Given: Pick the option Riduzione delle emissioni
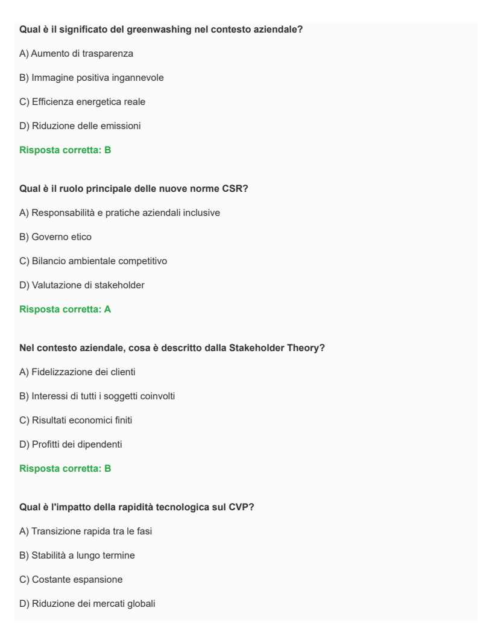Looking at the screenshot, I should pyautogui.click(x=76, y=126).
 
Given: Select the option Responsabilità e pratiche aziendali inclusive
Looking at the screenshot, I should pyautogui.click(x=120, y=213).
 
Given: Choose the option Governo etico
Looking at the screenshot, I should pyautogui.click(x=55, y=237).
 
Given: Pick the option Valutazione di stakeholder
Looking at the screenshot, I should pyautogui.click(x=82, y=285).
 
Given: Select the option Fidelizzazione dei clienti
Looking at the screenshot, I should pyautogui.click(x=78, y=372).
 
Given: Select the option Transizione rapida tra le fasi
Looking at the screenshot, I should pyautogui.click(x=86, y=531).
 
